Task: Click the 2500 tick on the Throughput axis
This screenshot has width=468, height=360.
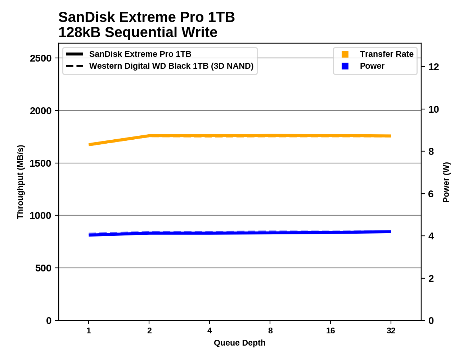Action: coord(41,58)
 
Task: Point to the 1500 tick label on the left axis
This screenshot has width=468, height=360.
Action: coord(41,163)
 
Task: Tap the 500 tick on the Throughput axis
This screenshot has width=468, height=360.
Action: coord(43,268)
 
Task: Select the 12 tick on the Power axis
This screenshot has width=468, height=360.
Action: coord(434,67)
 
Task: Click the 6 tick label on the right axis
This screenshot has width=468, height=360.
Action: coord(431,194)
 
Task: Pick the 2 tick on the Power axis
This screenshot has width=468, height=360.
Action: coord(431,279)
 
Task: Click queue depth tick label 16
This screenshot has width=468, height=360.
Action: coord(330,330)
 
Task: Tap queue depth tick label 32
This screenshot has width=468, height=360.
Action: coord(391,330)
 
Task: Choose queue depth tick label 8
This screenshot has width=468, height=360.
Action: coord(270,330)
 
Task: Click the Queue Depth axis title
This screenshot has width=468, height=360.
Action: coord(239,343)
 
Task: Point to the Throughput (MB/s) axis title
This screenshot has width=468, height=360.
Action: coord(20,182)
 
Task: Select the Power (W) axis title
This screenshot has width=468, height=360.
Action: coord(446,182)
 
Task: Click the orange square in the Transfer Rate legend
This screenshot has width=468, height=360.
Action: coord(345,54)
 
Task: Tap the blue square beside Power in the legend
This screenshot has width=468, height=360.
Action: coord(345,66)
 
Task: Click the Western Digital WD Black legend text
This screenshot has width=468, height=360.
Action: coord(171,66)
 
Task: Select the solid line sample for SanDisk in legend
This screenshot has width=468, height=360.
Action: coord(75,54)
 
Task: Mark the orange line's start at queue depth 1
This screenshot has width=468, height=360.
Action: coord(89,144)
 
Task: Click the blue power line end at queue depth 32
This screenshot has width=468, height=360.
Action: coord(391,232)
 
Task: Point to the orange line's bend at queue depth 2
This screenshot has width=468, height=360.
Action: coord(149,136)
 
